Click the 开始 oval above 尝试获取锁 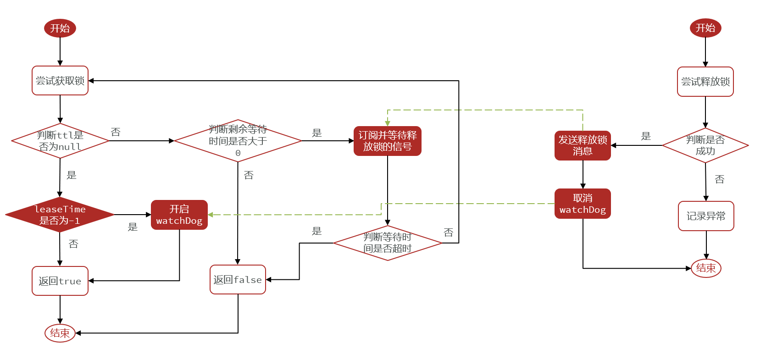click(x=60, y=28)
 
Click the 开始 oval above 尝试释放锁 click(x=705, y=28)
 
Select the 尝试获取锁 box click(x=60, y=81)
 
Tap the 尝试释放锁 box click(x=705, y=82)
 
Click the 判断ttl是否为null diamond click(x=60, y=141)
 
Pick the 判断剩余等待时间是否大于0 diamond click(x=238, y=141)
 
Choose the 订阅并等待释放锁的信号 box click(x=388, y=141)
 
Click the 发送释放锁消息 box click(x=583, y=145)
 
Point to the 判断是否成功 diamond click(x=705, y=145)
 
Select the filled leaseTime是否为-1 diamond click(x=60, y=215)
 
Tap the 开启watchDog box click(x=179, y=215)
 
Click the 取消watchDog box click(x=583, y=204)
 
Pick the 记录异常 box click(x=706, y=216)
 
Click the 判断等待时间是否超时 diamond click(x=388, y=243)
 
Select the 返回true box click(x=60, y=281)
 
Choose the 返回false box click(x=238, y=279)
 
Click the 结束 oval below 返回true click(x=60, y=333)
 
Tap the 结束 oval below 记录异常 click(x=706, y=268)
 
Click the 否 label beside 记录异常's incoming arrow click(x=720, y=179)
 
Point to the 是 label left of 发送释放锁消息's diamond click(x=646, y=136)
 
